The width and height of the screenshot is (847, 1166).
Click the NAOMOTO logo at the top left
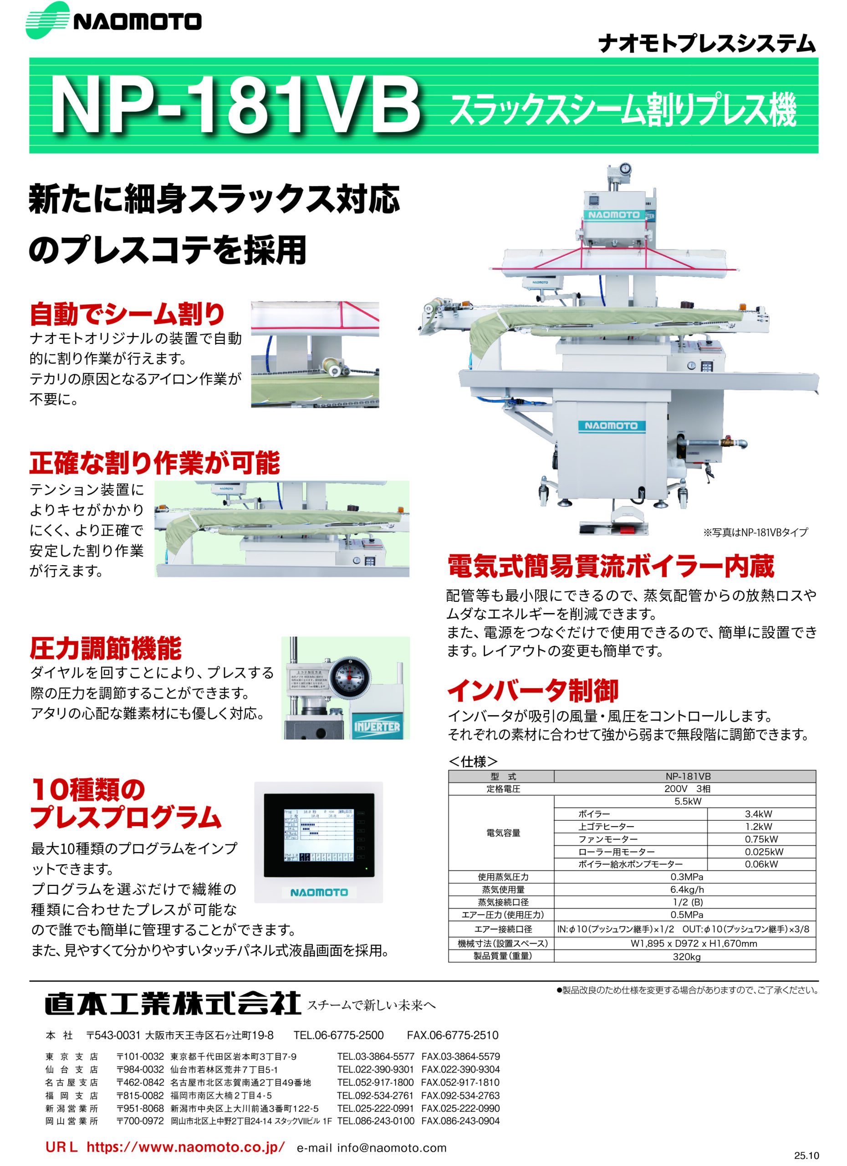(x=113, y=21)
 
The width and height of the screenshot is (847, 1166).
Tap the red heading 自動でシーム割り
(x=127, y=314)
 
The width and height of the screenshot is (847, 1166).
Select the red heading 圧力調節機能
(x=105, y=648)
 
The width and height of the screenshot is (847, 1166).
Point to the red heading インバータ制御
(x=533, y=690)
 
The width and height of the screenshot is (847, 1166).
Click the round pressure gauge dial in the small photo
(x=349, y=676)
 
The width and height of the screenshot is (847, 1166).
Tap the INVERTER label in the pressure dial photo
(x=377, y=726)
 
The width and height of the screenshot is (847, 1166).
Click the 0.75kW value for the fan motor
(x=761, y=839)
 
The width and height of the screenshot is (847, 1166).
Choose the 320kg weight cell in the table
(x=686, y=957)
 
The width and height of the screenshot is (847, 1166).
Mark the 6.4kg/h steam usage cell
(x=687, y=890)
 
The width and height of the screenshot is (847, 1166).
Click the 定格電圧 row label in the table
(x=503, y=788)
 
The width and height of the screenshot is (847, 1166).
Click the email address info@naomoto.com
(x=392, y=1148)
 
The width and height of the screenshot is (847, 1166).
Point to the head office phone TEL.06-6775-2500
(x=338, y=1035)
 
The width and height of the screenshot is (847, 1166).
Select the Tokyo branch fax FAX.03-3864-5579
(x=460, y=1057)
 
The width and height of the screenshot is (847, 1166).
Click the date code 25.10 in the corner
(x=806, y=1156)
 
